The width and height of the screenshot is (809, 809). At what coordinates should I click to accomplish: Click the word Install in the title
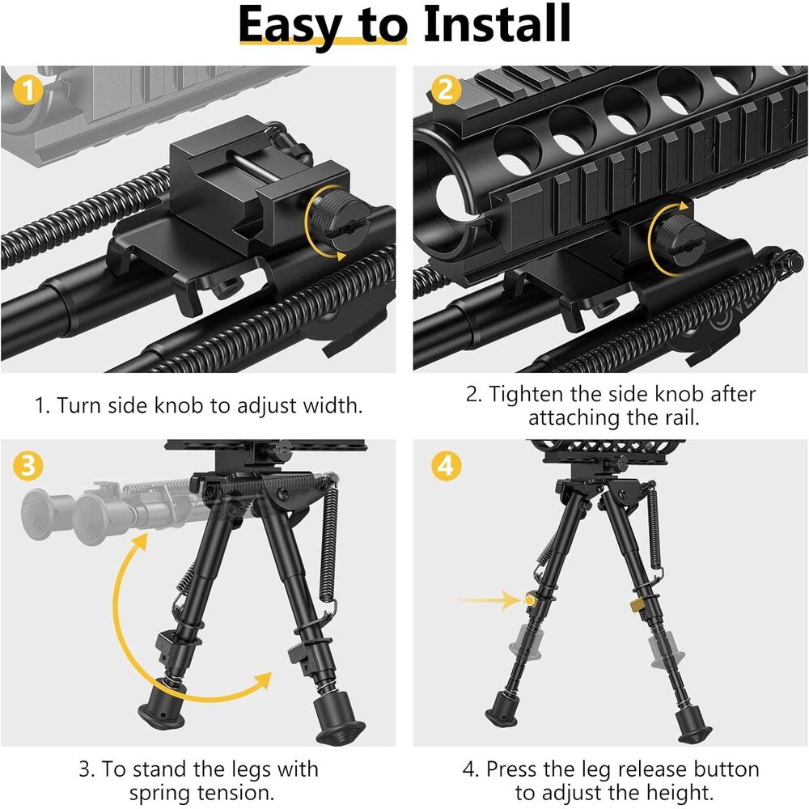497,24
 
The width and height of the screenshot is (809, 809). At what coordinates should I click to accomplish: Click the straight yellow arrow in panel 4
489,600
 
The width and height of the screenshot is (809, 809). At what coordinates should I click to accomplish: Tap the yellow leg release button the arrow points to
530,600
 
